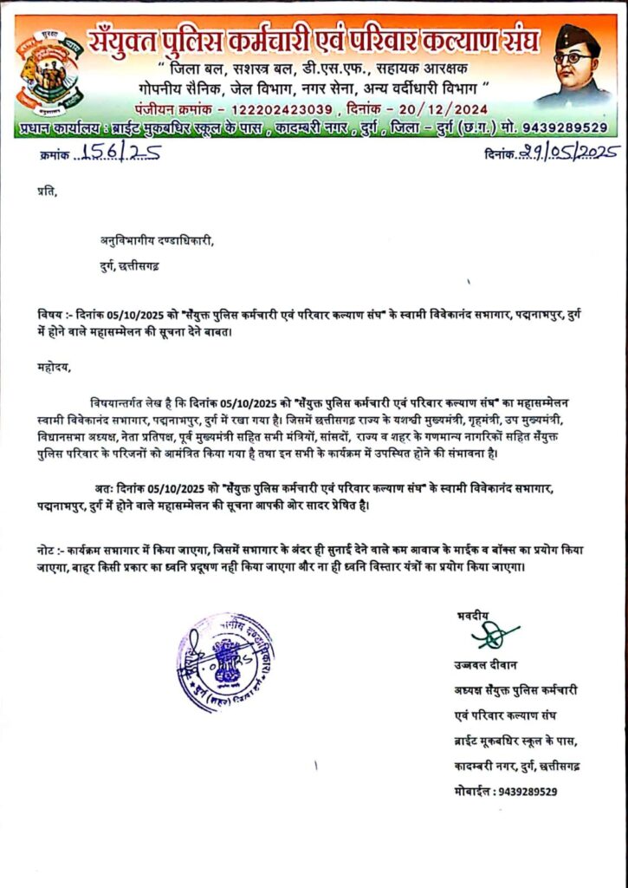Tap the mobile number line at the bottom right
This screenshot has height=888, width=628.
click(505, 791)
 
